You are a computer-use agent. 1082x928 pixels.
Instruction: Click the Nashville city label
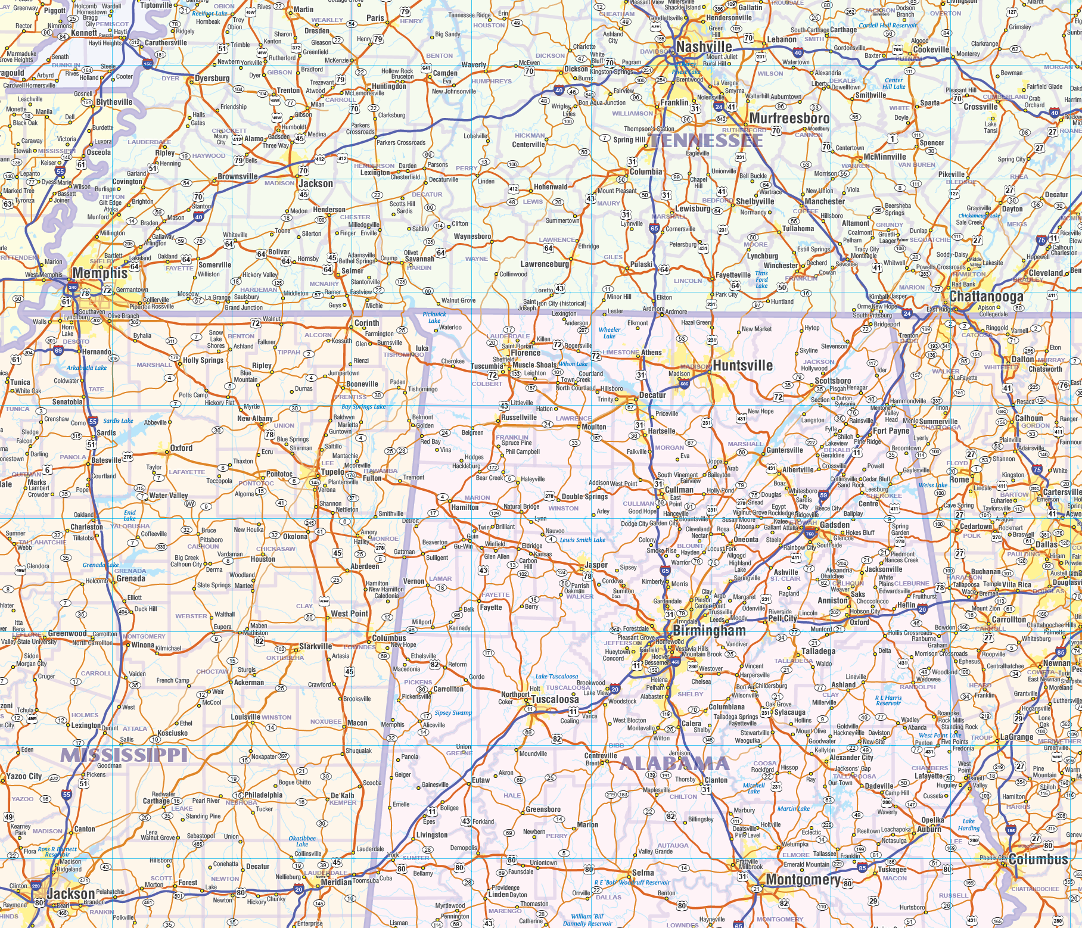[x=704, y=47]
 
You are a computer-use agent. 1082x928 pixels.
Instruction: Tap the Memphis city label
[x=100, y=273]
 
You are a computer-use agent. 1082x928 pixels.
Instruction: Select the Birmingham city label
[x=709, y=631]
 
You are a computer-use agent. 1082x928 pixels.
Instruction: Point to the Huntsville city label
[x=742, y=366]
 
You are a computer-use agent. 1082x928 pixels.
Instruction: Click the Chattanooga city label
[x=986, y=297]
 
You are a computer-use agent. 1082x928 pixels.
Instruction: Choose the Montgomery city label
[x=803, y=880]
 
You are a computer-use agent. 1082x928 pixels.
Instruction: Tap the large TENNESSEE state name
[x=706, y=141]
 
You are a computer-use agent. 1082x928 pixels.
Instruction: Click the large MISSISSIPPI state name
[x=124, y=755]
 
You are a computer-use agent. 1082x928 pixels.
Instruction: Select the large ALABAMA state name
[x=674, y=764]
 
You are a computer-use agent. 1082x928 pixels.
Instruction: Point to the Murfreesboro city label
[x=789, y=119]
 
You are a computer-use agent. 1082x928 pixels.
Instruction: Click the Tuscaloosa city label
[x=555, y=699]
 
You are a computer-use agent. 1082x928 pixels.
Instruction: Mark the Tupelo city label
[x=332, y=472]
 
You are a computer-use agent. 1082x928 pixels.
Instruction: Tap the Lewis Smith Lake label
[x=582, y=540]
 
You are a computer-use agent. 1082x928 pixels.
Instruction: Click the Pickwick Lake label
[x=434, y=317]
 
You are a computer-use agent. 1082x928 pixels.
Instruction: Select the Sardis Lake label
[x=118, y=421]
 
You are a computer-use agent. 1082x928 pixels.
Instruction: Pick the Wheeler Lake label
[x=609, y=332]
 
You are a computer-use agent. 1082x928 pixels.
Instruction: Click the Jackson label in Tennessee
[x=315, y=183]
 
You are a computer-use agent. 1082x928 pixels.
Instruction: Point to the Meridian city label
[x=336, y=882]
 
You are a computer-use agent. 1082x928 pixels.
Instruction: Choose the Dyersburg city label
[x=212, y=78]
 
